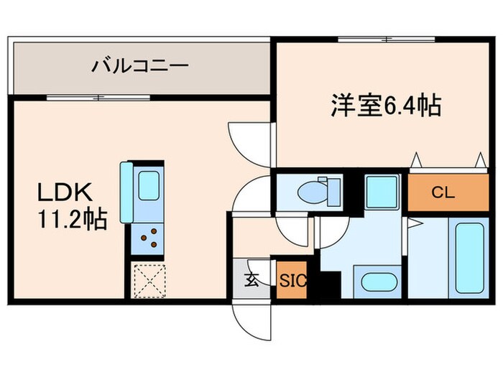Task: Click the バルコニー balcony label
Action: point(140,67)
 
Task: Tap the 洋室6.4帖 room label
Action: point(385,106)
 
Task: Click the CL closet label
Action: point(443,192)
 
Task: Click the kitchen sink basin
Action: point(148,186)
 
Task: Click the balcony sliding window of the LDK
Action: point(98,97)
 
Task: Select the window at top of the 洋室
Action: point(387,38)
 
